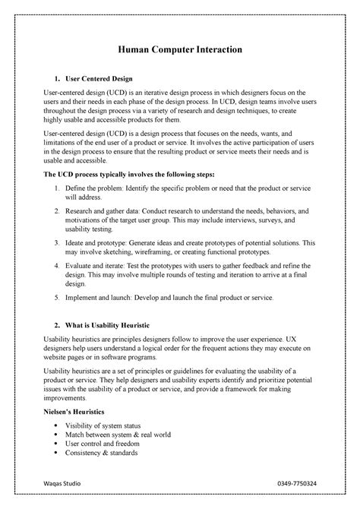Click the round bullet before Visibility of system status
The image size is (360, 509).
coord(58,425)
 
